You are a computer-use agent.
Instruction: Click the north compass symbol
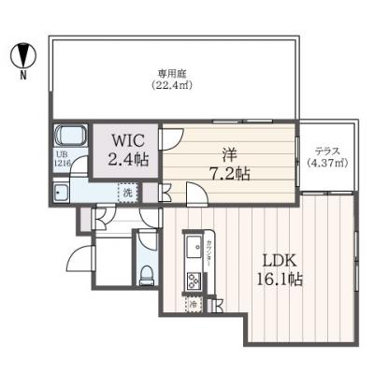(x=21, y=56)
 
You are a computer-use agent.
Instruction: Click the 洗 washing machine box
(x=126, y=192)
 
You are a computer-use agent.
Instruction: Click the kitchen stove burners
(x=195, y=280)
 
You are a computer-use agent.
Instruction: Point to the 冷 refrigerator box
(x=193, y=304)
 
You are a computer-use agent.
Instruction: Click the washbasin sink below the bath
(x=61, y=193)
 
